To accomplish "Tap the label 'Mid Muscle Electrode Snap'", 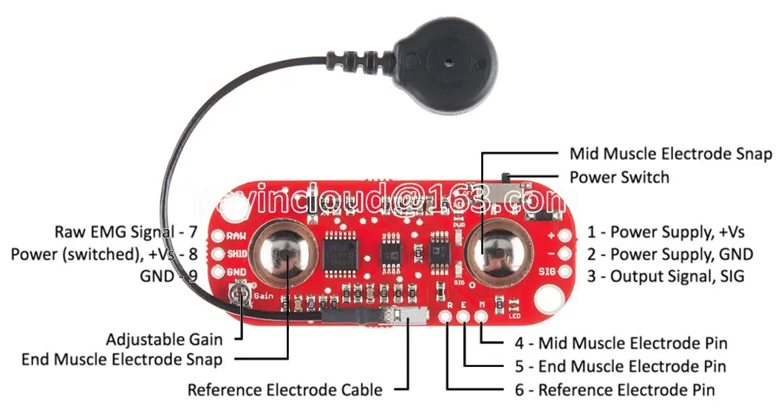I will point(670,154).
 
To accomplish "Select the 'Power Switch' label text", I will point(618,177).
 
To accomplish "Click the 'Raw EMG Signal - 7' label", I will point(126,232).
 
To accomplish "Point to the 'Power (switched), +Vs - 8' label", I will point(104,254).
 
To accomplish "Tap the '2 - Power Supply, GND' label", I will point(669,254).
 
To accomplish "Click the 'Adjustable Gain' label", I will point(164,340).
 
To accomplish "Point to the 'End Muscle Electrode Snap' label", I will point(122,360).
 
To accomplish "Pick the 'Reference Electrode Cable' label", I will point(284,389).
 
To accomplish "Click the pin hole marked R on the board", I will point(447,317).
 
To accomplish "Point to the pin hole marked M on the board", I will point(482,317).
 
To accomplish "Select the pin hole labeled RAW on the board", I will point(219,237).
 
